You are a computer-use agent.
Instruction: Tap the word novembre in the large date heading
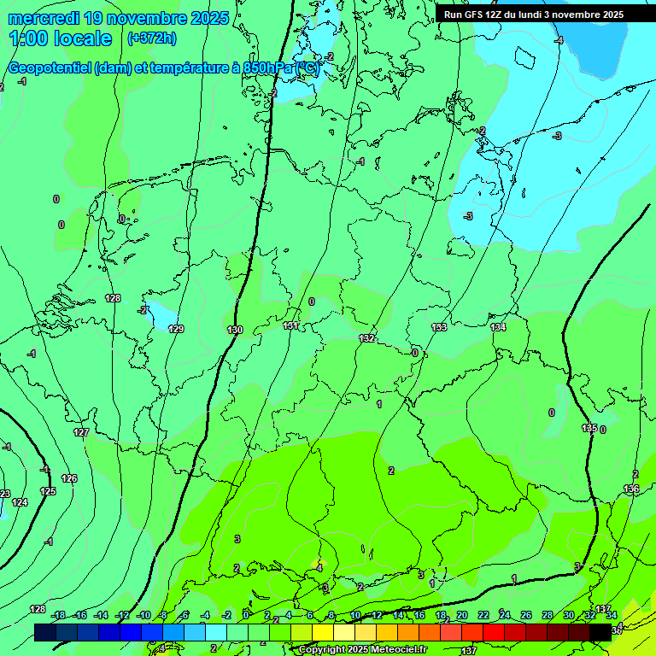145,18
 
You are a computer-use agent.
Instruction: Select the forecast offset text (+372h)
151,38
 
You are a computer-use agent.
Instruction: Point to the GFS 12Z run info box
533,15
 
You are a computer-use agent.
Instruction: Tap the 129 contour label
176,329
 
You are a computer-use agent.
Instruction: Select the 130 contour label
236,330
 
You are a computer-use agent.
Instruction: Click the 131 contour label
290,325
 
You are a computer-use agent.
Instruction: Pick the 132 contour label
367,338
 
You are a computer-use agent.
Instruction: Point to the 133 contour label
439,327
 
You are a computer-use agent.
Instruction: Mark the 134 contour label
498,327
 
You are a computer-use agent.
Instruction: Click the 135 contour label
589,428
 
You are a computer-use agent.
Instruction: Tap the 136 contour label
631,489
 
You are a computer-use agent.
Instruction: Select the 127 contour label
81,433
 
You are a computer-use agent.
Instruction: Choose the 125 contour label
48,491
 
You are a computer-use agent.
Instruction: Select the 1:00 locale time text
60,38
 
